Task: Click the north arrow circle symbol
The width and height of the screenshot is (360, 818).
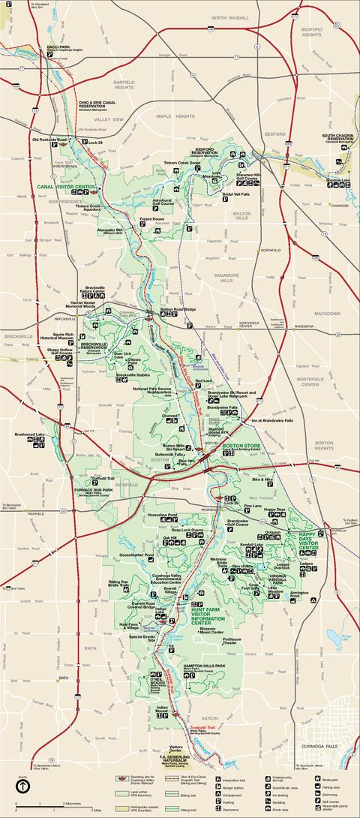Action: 22,786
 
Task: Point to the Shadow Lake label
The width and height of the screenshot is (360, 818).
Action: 337,180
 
